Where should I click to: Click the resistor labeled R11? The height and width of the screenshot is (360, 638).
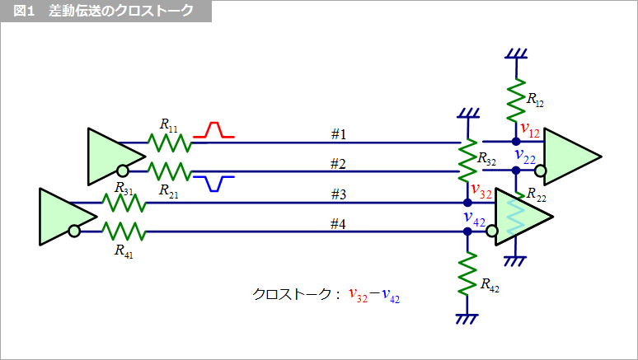(169, 143)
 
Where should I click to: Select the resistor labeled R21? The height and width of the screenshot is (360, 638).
(169, 171)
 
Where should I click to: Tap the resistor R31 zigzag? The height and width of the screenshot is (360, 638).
(123, 203)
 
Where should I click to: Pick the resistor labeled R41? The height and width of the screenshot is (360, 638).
(123, 231)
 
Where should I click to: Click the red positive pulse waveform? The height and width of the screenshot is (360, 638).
(214, 129)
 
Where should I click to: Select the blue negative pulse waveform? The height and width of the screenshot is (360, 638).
(214, 183)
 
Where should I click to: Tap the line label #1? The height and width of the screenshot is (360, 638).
(338, 133)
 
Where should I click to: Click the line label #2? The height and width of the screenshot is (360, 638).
(338, 162)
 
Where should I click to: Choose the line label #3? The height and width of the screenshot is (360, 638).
(338, 194)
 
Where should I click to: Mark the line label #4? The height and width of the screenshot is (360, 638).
(338, 222)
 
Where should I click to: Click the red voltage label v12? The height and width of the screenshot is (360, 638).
(530, 129)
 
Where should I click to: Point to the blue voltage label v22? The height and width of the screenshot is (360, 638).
(525, 157)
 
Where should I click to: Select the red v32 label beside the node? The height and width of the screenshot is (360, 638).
(481, 194)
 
